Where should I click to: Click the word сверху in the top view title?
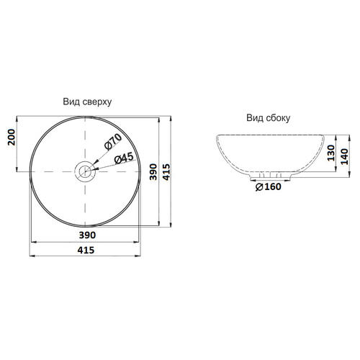click(x=97, y=102)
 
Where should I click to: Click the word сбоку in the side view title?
click(x=278, y=118)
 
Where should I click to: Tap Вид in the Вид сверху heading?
click(x=71, y=102)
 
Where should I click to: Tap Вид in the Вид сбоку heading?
click(x=255, y=118)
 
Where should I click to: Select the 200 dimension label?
click(x=12, y=137)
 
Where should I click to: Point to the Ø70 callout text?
click(x=113, y=142)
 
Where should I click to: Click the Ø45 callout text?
click(x=124, y=158)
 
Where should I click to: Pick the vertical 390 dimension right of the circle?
click(x=153, y=172)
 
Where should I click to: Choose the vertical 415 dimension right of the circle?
click(x=166, y=172)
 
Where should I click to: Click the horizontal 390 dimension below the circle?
click(x=87, y=235)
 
